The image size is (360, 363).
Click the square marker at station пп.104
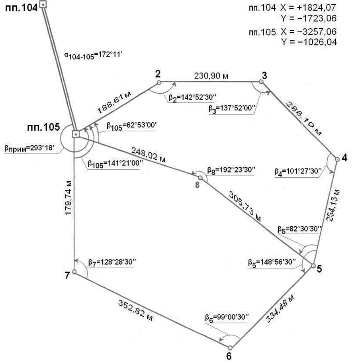click(x=43, y=5)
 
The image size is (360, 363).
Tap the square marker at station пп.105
click(x=75, y=134)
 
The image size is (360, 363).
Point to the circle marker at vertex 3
click(x=261, y=81)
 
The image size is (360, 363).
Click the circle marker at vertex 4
click(x=337, y=159)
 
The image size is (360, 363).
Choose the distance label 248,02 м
click(x=148, y=154)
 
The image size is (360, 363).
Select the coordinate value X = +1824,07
click(x=309, y=7)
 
